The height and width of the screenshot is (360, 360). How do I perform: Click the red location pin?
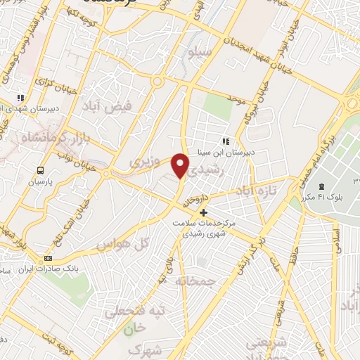tap(181, 165)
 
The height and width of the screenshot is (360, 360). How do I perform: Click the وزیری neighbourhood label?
tap(145, 163)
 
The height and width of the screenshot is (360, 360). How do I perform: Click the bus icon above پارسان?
tap(41, 169)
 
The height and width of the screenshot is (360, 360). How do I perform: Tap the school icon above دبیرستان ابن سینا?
tap(225, 140)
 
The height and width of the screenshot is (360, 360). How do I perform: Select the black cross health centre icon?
tap(204, 212)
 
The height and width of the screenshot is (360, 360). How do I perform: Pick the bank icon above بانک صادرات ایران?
tap(48, 257)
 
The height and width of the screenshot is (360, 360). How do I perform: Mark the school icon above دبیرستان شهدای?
tap(21, 98)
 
